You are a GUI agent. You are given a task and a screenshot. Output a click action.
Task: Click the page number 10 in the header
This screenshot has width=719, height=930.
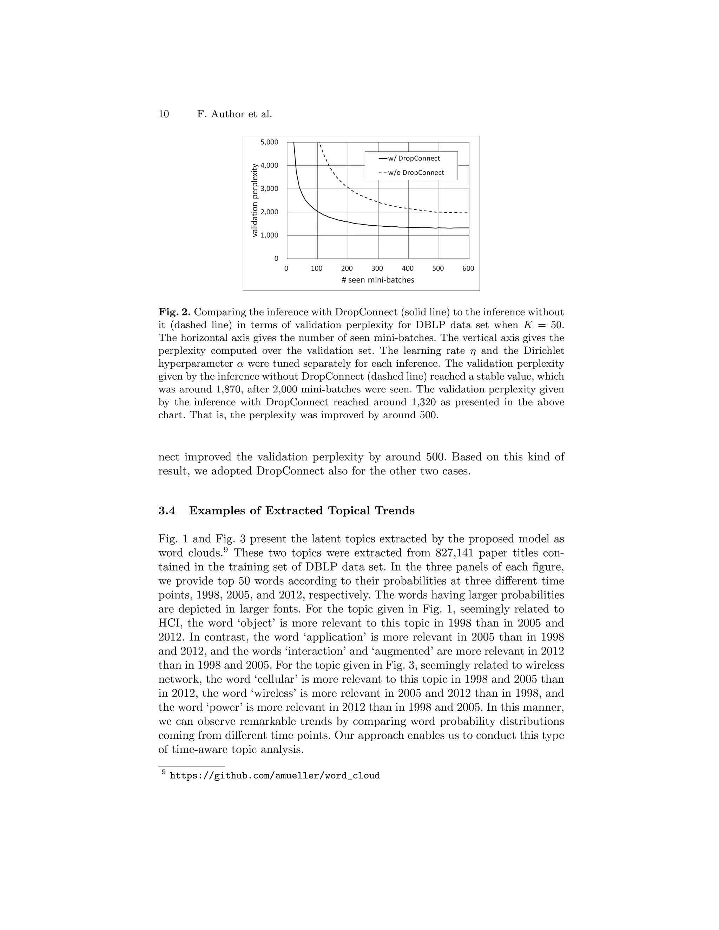pyautogui.click(x=164, y=114)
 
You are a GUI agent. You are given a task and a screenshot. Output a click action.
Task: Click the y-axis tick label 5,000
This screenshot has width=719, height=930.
pyautogui.click(x=269, y=142)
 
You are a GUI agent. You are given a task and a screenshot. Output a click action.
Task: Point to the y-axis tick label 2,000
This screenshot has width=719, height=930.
pyautogui.click(x=269, y=212)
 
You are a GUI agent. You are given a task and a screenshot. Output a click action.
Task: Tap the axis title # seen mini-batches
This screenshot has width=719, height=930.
pyautogui.click(x=378, y=280)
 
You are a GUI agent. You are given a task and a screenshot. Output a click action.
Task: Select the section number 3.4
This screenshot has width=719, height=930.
pyautogui.click(x=167, y=511)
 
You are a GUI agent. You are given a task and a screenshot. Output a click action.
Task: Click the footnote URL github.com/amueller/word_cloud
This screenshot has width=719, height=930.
pyautogui.click(x=275, y=776)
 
